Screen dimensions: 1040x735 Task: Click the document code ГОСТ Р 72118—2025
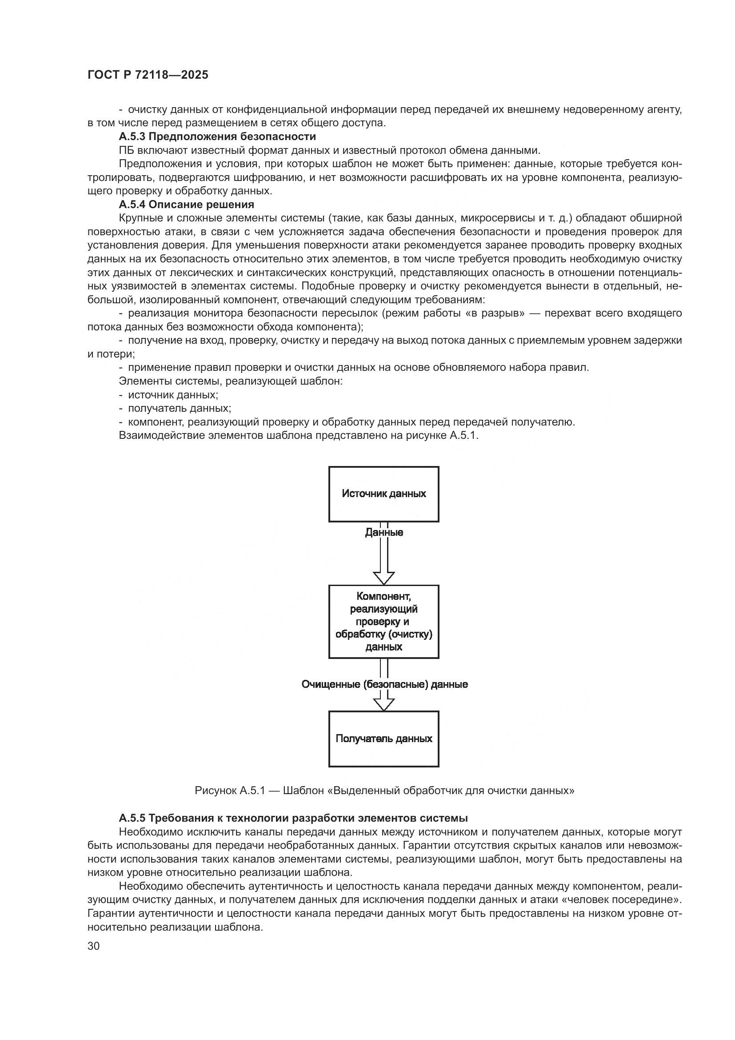pyautogui.click(x=148, y=75)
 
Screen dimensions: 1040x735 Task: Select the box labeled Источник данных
pyautogui.click(x=383, y=494)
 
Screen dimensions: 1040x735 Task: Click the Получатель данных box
pyautogui.click(x=383, y=739)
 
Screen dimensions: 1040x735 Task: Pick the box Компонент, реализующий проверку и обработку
pyautogui.click(x=383, y=622)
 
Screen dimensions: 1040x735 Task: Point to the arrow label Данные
pyautogui.click(x=384, y=533)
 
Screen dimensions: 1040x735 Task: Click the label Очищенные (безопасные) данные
pyautogui.click(x=384, y=684)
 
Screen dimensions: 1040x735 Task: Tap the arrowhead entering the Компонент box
pyautogui.click(x=384, y=578)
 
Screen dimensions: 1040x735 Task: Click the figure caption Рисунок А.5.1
pyautogui.click(x=384, y=791)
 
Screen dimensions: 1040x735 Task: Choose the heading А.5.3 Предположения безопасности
pyautogui.click(x=217, y=137)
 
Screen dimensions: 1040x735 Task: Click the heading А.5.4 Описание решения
pyautogui.click(x=187, y=204)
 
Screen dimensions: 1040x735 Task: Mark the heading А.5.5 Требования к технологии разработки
pyautogui.click(x=293, y=818)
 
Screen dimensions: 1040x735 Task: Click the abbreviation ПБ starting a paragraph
pyautogui.click(x=126, y=150)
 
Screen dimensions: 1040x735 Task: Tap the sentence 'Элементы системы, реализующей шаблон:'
pyautogui.click(x=231, y=381)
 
